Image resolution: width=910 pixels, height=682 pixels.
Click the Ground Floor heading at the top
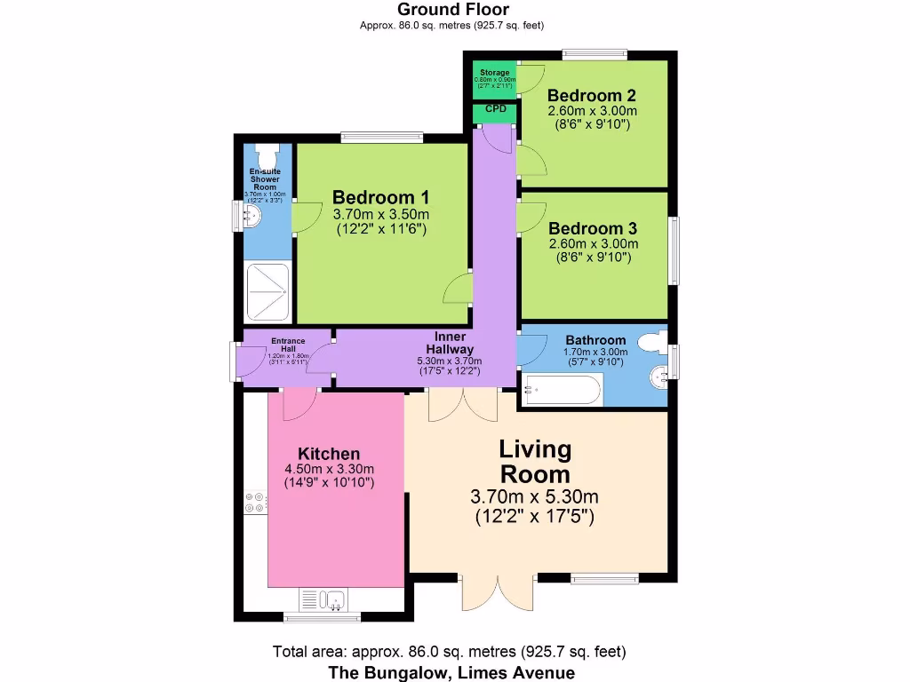(453, 10)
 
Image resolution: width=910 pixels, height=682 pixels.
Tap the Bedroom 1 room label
(380, 197)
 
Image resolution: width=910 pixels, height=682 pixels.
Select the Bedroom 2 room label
(591, 96)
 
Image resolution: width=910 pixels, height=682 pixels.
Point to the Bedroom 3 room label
(593, 228)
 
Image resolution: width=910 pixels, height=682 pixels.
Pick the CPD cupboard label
(495, 109)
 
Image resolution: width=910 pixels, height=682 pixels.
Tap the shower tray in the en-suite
(267, 292)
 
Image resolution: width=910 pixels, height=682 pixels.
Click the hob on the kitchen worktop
(254, 503)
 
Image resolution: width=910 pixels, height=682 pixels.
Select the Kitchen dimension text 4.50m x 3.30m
(329, 470)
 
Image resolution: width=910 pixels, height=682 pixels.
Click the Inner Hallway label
(449, 343)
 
